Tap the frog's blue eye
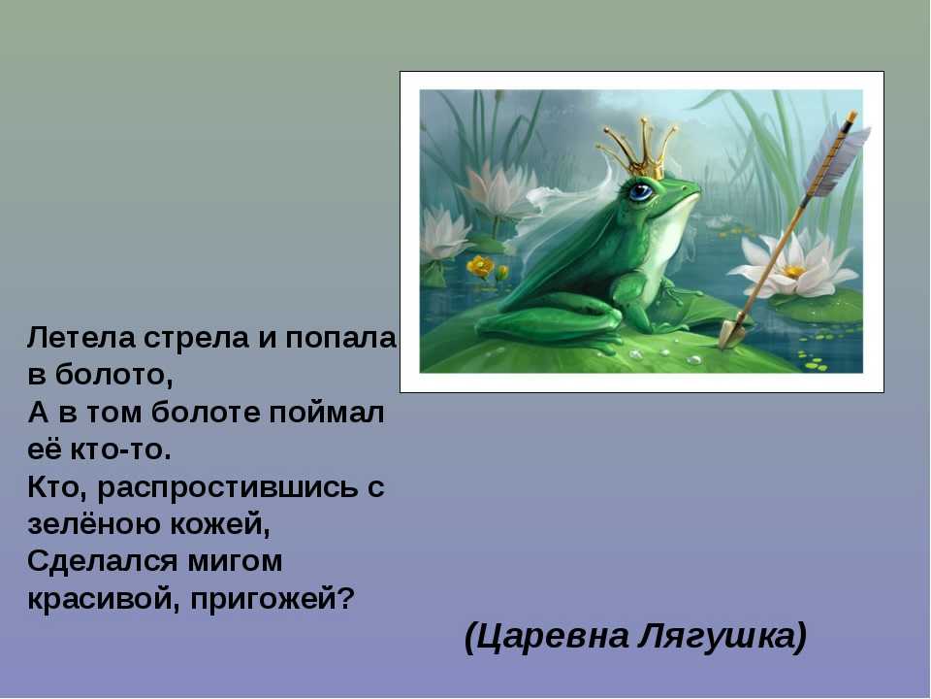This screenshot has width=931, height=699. click(641, 191)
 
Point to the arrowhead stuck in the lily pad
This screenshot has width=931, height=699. click(731, 332)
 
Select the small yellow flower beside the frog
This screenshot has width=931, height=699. click(481, 267)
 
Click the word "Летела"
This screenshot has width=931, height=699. click(80, 338)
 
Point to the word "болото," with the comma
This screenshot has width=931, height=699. click(114, 376)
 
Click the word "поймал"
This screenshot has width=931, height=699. click(326, 413)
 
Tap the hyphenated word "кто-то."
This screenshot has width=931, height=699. click(120, 449)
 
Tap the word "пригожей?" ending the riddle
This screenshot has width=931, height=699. click(272, 599)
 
